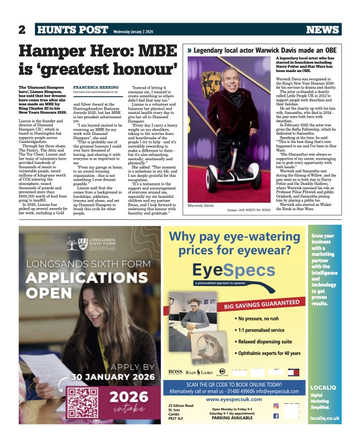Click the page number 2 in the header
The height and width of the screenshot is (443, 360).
click(x=23, y=30)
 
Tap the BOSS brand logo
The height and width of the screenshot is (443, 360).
click(x=175, y=371)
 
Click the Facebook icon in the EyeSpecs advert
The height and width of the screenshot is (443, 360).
click(x=276, y=416)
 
